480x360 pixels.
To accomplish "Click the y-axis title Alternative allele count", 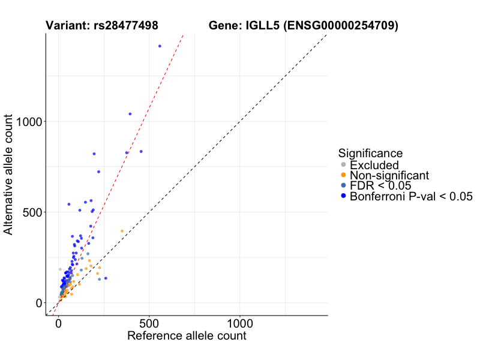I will tap(9, 175).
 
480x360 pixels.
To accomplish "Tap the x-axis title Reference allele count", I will tap(187, 336).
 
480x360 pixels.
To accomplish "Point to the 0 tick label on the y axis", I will tap(38, 303).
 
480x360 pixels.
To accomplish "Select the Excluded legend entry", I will tap(374, 165).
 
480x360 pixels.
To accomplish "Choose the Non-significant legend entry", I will tap(389, 175).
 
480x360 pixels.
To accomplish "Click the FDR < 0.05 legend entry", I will tap(380, 185).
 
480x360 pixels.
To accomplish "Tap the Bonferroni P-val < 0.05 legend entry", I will tap(411, 196).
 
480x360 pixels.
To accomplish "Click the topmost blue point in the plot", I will tap(160, 46).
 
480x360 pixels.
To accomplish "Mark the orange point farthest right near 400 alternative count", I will tap(122, 231).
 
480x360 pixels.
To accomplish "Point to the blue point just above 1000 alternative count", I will tap(130, 114).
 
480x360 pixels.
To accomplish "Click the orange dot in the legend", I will tap(343, 175).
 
